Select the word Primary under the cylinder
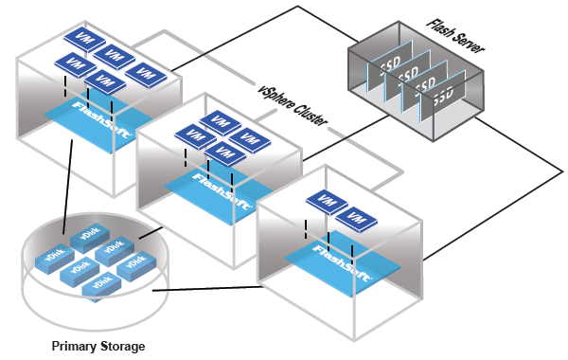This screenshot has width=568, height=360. point(74,347)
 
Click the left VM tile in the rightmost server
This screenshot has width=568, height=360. point(327,202)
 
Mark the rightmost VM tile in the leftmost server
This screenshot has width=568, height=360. point(146,72)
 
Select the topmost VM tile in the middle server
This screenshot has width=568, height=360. point(219,120)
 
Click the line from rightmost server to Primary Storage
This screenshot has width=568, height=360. point(208,289)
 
